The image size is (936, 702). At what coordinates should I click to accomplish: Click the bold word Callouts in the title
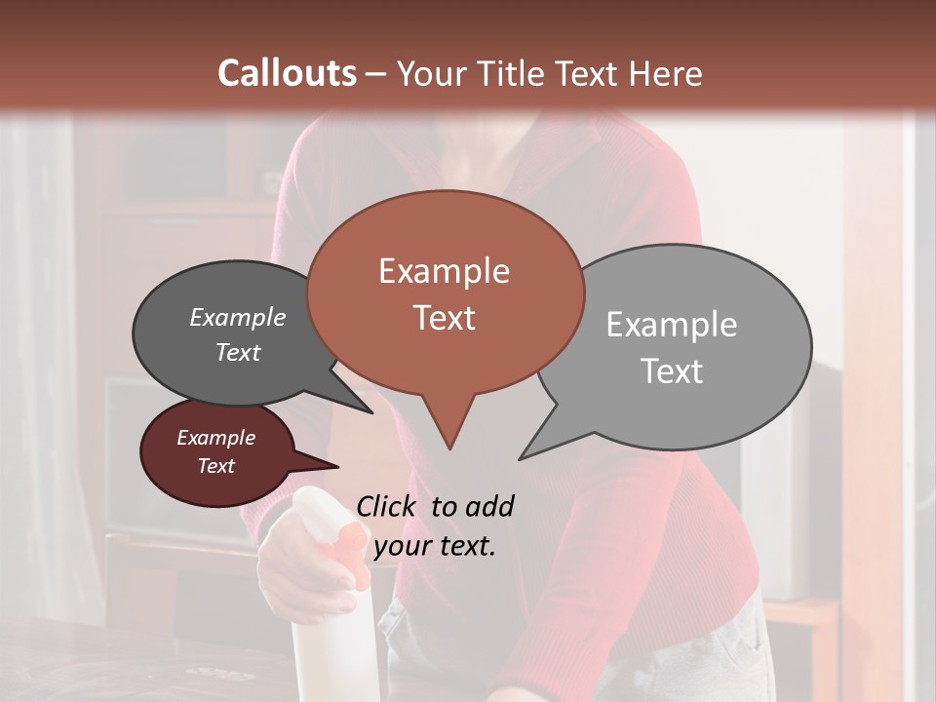(x=287, y=73)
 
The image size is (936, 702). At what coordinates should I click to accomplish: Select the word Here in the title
(x=667, y=74)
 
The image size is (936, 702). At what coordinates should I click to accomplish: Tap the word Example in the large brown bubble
(x=444, y=271)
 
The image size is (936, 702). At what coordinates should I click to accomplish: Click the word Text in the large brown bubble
(x=445, y=318)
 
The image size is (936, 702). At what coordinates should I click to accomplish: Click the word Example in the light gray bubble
(x=672, y=325)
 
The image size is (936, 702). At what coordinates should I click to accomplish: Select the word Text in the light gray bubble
(x=672, y=371)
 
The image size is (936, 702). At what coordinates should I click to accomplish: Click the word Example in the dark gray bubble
(x=238, y=317)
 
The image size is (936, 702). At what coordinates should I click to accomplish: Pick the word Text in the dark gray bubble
(x=238, y=352)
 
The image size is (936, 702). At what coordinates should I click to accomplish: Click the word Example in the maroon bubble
(x=215, y=438)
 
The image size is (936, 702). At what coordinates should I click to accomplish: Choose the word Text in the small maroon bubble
(x=216, y=466)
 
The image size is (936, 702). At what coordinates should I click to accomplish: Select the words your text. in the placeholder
(x=435, y=546)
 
